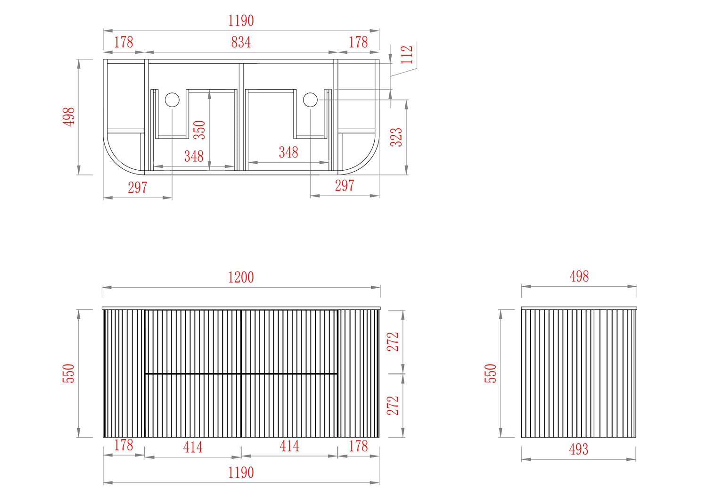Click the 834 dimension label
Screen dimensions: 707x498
pyautogui.click(x=241, y=42)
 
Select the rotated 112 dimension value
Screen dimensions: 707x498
pyautogui.click(x=407, y=55)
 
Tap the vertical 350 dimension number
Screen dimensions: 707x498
pyautogui.click(x=199, y=130)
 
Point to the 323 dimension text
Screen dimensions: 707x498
pyautogui.click(x=396, y=137)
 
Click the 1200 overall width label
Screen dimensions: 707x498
pyautogui.click(x=241, y=277)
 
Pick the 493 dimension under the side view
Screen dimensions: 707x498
pyautogui.click(x=578, y=449)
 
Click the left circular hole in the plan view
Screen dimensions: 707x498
pyautogui.click(x=172, y=100)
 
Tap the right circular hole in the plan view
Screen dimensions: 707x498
pyautogui.click(x=310, y=100)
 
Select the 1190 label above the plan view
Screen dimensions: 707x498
pyautogui.click(x=241, y=21)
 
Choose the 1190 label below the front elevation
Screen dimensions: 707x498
pyautogui.click(x=241, y=473)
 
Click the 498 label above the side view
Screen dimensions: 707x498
pyautogui.click(x=579, y=276)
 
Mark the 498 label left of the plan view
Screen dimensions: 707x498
pyautogui.click(x=69, y=117)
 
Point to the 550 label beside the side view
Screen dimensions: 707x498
pyautogui.click(x=491, y=373)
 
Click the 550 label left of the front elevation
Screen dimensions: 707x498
pyautogui.click(x=68, y=373)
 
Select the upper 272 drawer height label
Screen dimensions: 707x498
pyautogui.click(x=393, y=342)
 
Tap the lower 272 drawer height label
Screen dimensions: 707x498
pyautogui.click(x=393, y=406)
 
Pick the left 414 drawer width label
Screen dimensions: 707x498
pyautogui.click(x=193, y=447)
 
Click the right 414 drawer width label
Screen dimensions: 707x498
pyautogui.click(x=289, y=446)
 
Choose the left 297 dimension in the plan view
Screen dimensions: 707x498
pyautogui.click(x=137, y=188)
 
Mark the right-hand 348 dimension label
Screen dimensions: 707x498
pyautogui.click(x=288, y=152)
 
